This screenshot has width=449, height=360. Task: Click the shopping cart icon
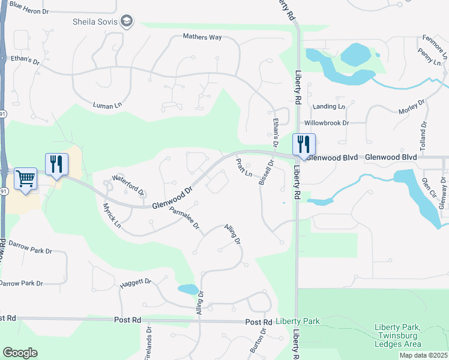tap(26, 178)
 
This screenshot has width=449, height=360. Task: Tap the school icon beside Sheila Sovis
tap(127, 22)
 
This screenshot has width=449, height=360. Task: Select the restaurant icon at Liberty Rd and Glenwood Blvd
tap(304, 145)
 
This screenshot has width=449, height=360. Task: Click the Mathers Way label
tap(202, 37)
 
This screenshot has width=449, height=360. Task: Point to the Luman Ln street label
tap(107, 105)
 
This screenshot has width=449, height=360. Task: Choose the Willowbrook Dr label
tap(327, 123)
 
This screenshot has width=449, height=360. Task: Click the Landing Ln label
tap(329, 107)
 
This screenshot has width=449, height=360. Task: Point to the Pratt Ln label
tap(244, 168)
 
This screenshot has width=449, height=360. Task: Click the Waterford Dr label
tap(128, 185)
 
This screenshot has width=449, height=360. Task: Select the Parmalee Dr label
tap(184, 220)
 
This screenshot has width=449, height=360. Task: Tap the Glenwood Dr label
tap(172, 197)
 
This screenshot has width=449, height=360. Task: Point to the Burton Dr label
tap(262, 340)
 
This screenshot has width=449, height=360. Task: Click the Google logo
tap(20, 352)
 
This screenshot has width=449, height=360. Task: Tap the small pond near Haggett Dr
tap(188, 289)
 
